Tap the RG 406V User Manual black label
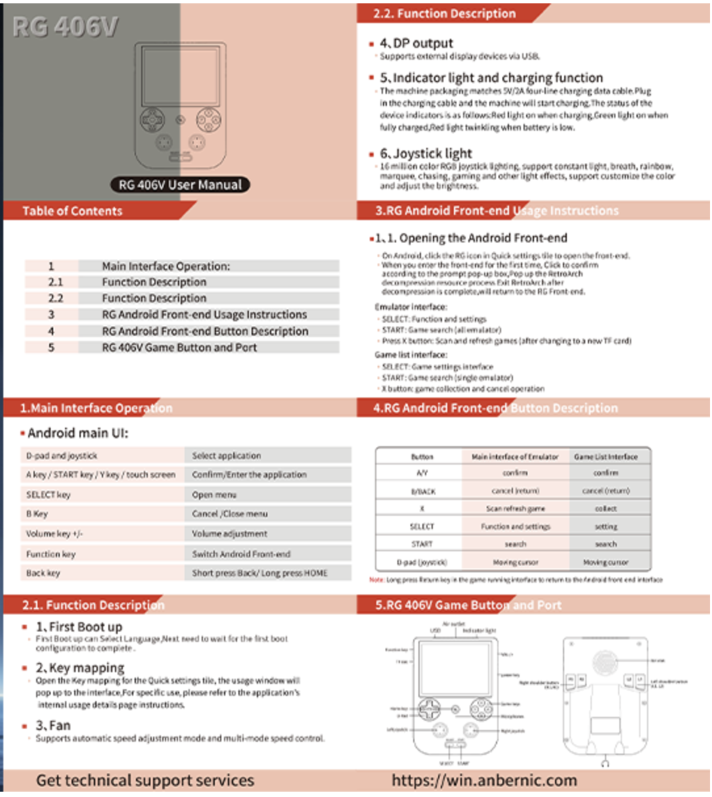[181, 185]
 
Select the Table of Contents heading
[72, 211]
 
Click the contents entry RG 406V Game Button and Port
[179, 348]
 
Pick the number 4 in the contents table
[51, 331]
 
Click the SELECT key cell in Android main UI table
[48, 495]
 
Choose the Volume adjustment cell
[229, 534]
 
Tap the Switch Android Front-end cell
[241, 554]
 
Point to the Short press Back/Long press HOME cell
[259, 573]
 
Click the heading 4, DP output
[416, 43]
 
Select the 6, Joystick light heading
[426, 154]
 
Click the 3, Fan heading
[53, 725]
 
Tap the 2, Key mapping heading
[79, 668]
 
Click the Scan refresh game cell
[515, 509]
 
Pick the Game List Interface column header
[606, 457]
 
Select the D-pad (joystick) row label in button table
[422, 562]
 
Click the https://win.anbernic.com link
[484, 781]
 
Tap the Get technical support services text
[145, 781]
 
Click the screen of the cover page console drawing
[181, 78]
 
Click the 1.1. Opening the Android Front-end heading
[471, 239]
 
